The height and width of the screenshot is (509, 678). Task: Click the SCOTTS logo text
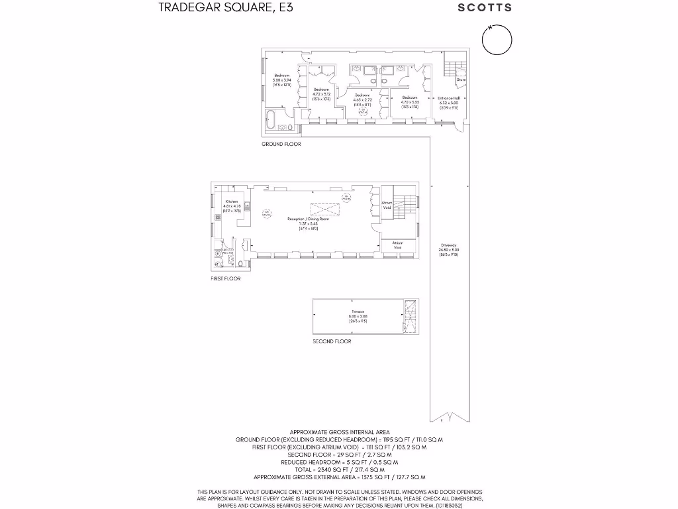[485, 8]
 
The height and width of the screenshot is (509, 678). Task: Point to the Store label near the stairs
[461, 80]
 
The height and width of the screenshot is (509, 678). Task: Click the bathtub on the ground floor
[271, 121]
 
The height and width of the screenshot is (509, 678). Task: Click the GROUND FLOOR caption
[281, 144]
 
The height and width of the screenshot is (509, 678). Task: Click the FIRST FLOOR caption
[226, 279]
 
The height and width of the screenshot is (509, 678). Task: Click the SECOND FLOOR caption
[332, 341]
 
